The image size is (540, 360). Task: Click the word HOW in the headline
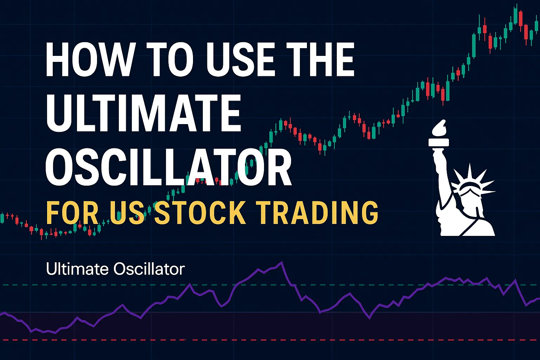(x=89, y=59)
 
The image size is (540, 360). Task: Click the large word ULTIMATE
(x=143, y=113)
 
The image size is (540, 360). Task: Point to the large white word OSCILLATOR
(x=168, y=167)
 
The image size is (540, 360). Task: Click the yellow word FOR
(x=72, y=213)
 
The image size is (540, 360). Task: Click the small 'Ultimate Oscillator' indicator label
(x=115, y=269)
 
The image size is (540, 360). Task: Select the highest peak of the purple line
(x=281, y=262)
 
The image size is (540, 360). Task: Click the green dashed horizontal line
(x=270, y=285)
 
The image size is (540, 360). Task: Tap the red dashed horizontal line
(x=270, y=340)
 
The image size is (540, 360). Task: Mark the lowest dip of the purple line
(x=55, y=333)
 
